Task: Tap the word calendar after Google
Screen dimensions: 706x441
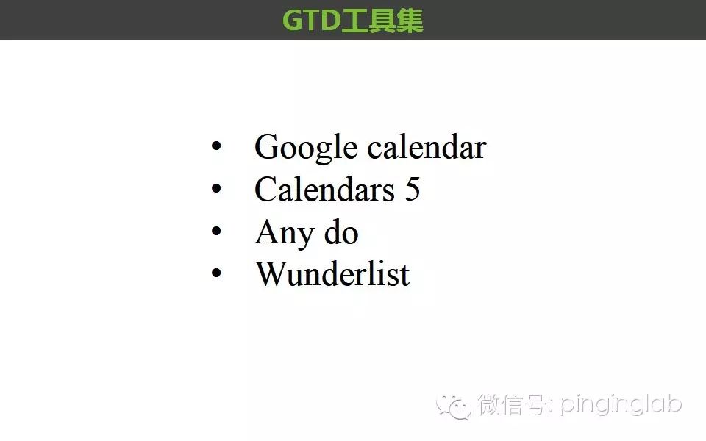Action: coord(427,147)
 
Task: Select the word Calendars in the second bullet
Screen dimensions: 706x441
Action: coord(324,189)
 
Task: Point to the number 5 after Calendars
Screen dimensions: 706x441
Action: coord(413,189)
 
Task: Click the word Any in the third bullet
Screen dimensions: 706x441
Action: coord(285,234)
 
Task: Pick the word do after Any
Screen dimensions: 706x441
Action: coord(341,232)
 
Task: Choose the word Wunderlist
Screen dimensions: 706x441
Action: coord(332,273)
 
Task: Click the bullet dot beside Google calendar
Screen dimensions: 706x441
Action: coord(216,146)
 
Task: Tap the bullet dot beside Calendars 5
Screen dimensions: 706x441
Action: coord(216,189)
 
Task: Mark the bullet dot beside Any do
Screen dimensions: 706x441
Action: coord(216,231)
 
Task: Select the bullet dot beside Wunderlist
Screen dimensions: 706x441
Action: coord(216,273)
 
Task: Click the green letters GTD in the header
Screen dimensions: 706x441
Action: coord(311,21)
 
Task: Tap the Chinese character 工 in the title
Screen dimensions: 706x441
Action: coord(354,21)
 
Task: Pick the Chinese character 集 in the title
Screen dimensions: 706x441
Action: coord(410,21)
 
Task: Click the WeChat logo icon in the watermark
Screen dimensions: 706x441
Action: coord(454,406)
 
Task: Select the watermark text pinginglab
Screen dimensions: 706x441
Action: coord(621,406)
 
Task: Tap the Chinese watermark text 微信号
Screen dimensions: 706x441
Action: coord(512,404)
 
